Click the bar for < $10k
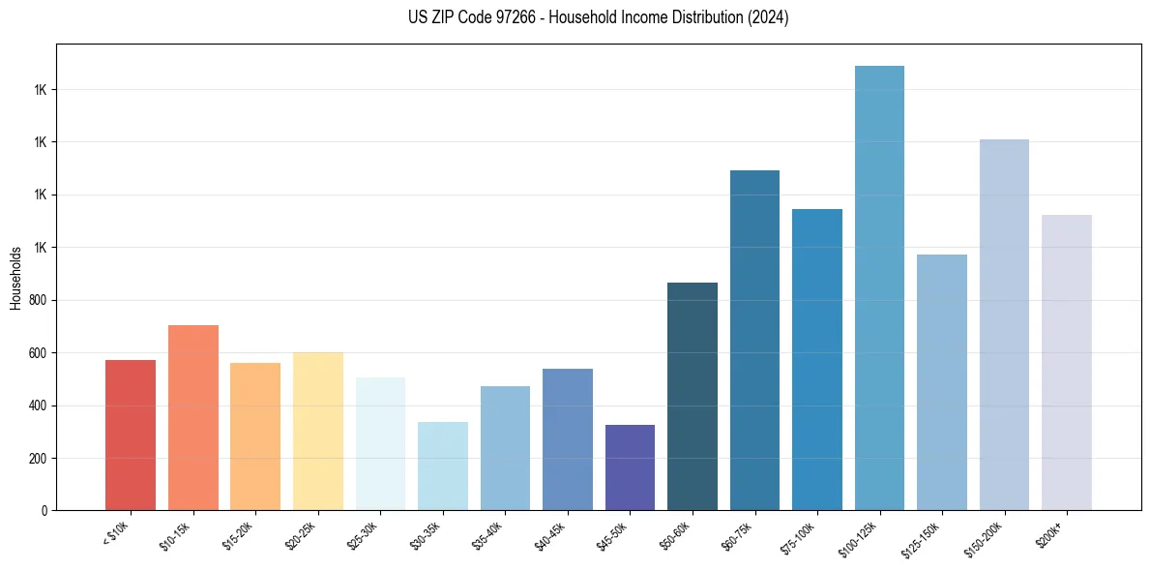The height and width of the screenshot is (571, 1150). [x=131, y=435]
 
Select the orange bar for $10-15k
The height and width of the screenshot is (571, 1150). [x=192, y=417]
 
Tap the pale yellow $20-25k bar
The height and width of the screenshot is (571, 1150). [x=317, y=431]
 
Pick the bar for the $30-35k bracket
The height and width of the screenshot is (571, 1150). [x=442, y=466]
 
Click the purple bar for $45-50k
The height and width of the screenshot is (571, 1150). [x=630, y=467]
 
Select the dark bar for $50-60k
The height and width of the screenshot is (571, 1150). [x=693, y=396]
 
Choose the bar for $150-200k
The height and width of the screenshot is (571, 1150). [x=1004, y=324]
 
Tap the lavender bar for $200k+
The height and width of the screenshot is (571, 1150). [x=1066, y=362]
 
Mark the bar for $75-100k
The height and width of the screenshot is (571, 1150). [x=817, y=359]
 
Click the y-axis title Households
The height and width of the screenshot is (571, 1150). [x=15, y=278]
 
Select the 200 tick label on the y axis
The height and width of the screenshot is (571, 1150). [x=38, y=458]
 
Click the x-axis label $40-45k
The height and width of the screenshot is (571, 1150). [x=550, y=535]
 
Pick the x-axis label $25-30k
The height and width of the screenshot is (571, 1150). [x=364, y=535]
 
